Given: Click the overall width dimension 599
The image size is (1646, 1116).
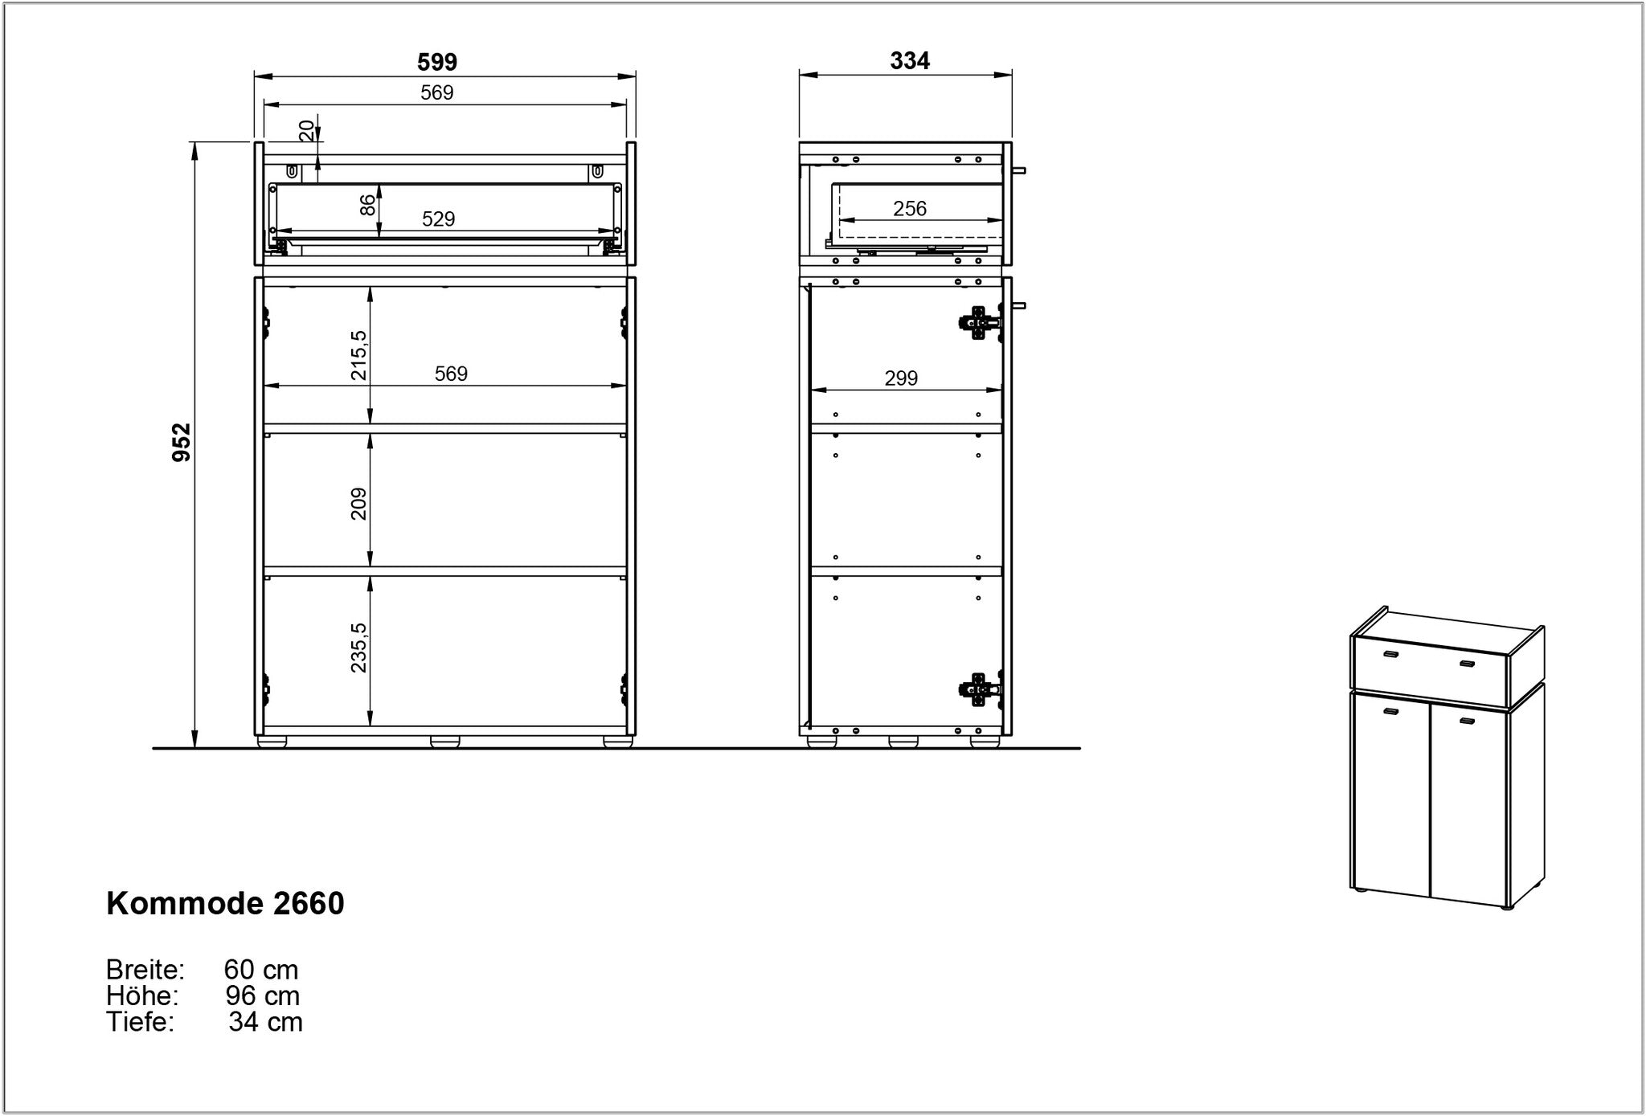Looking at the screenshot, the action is (437, 62).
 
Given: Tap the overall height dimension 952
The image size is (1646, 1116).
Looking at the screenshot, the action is (182, 443).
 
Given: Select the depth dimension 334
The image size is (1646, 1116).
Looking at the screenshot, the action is (910, 61).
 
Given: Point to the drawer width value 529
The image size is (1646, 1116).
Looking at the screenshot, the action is (439, 219).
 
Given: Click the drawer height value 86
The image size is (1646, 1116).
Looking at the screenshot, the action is (367, 205).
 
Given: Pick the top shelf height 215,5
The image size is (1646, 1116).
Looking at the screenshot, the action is (358, 355).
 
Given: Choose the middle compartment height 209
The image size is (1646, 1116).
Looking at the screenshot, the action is (358, 504).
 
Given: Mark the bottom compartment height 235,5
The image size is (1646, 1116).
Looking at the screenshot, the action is (358, 648).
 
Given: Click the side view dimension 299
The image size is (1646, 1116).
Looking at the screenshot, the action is (901, 378).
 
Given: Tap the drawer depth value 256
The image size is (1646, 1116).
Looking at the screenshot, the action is (910, 209).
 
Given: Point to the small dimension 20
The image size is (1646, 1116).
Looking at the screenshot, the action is (307, 130).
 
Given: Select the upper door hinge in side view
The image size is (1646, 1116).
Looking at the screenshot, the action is (980, 323).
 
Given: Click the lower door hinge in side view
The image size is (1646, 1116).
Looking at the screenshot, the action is (980, 689).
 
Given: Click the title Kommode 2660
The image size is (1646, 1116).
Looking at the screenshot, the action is (226, 904).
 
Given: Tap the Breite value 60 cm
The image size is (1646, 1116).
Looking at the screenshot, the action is (261, 970).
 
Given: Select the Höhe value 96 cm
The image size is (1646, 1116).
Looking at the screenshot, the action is (263, 995).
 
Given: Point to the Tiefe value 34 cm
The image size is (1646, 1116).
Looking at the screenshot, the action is (265, 1022).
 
